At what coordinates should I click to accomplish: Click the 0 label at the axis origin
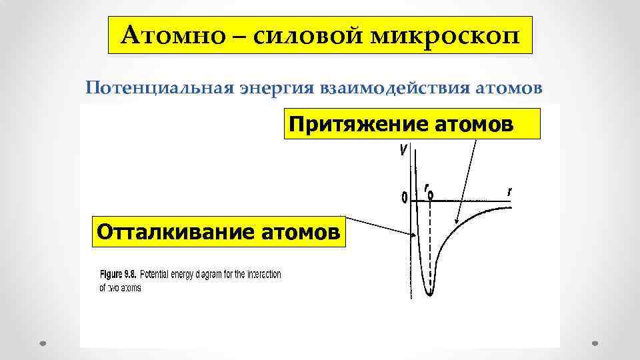tap(403, 197)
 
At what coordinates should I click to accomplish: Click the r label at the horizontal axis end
tap(510, 192)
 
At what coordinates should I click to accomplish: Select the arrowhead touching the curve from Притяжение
tap(456, 222)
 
